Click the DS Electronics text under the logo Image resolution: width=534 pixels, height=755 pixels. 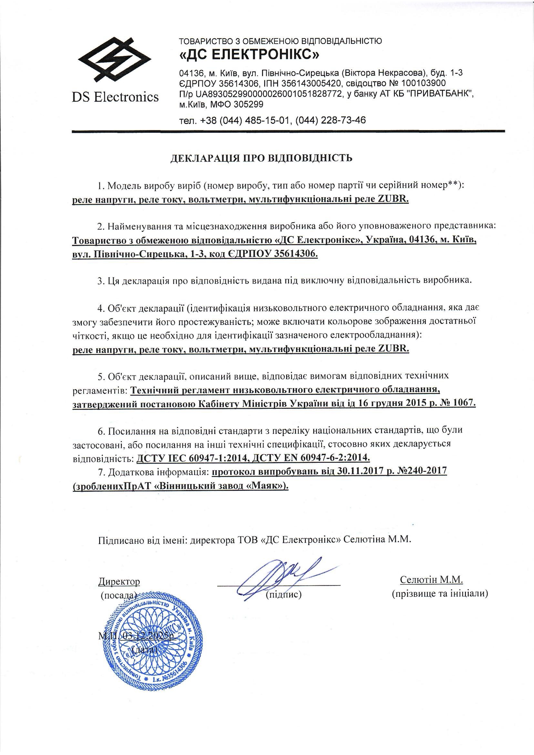pyautogui.click(x=115, y=97)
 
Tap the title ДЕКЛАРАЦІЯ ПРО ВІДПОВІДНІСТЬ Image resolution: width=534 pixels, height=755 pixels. pyautogui.click(x=262, y=158)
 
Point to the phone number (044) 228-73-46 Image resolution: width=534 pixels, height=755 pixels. pyautogui.click(x=331, y=120)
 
